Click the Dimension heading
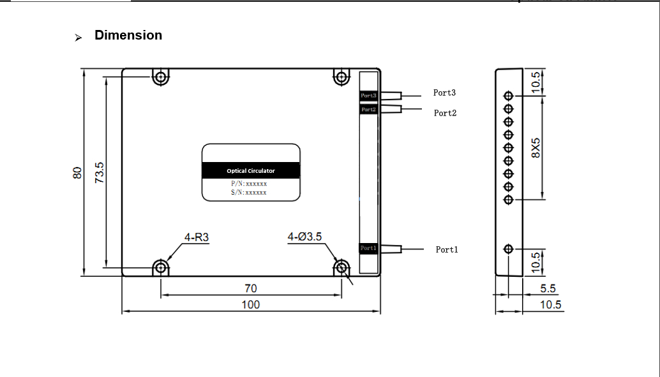point(128,36)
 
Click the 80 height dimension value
point(77,172)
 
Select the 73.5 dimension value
point(100,172)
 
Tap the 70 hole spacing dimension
point(251,288)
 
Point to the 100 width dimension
point(251,304)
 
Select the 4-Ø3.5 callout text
point(304,237)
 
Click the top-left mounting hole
point(160,78)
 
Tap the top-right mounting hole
point(341,78)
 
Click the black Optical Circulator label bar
point(251,170)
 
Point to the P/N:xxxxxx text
point(249,184)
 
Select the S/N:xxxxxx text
point(249,192)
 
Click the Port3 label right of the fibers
point(444,92)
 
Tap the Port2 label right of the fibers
point(445,113)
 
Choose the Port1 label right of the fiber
point(447,249)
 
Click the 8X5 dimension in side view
point(536,147)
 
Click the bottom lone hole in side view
point(509,248)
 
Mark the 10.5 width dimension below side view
point(551,305)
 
